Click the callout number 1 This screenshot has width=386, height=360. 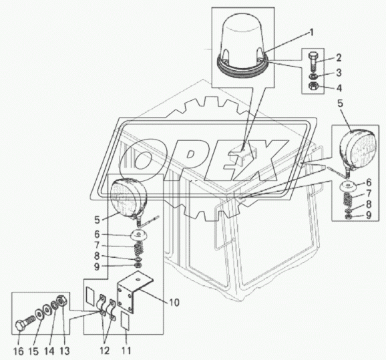pos(311,32)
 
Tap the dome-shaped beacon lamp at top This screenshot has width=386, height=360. pos(242,48)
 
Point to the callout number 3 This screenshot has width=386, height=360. pos(339,73)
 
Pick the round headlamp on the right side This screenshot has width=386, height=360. pos(358,150)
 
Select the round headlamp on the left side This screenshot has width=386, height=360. pos(129,197)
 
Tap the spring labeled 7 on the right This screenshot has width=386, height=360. pos(349,199)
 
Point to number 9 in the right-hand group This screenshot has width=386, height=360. pos(368,215)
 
